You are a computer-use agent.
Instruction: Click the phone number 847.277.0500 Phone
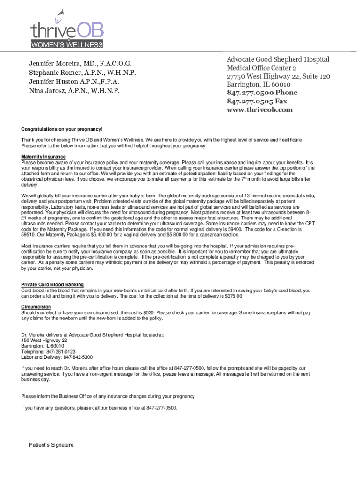[262, 93]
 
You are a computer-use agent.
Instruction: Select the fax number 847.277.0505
[249, 101]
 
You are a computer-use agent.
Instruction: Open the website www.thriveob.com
[259, 109]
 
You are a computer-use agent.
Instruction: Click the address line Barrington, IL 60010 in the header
[259, 84]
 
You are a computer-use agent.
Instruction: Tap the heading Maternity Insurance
[43, 157]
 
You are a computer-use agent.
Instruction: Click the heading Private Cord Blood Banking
[52, 285]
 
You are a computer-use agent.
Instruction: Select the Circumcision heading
[36, 307]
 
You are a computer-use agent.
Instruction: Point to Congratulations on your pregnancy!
[62, 129]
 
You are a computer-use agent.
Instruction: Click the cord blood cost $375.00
[232, 296]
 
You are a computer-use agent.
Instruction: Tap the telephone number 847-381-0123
[60, 351]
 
